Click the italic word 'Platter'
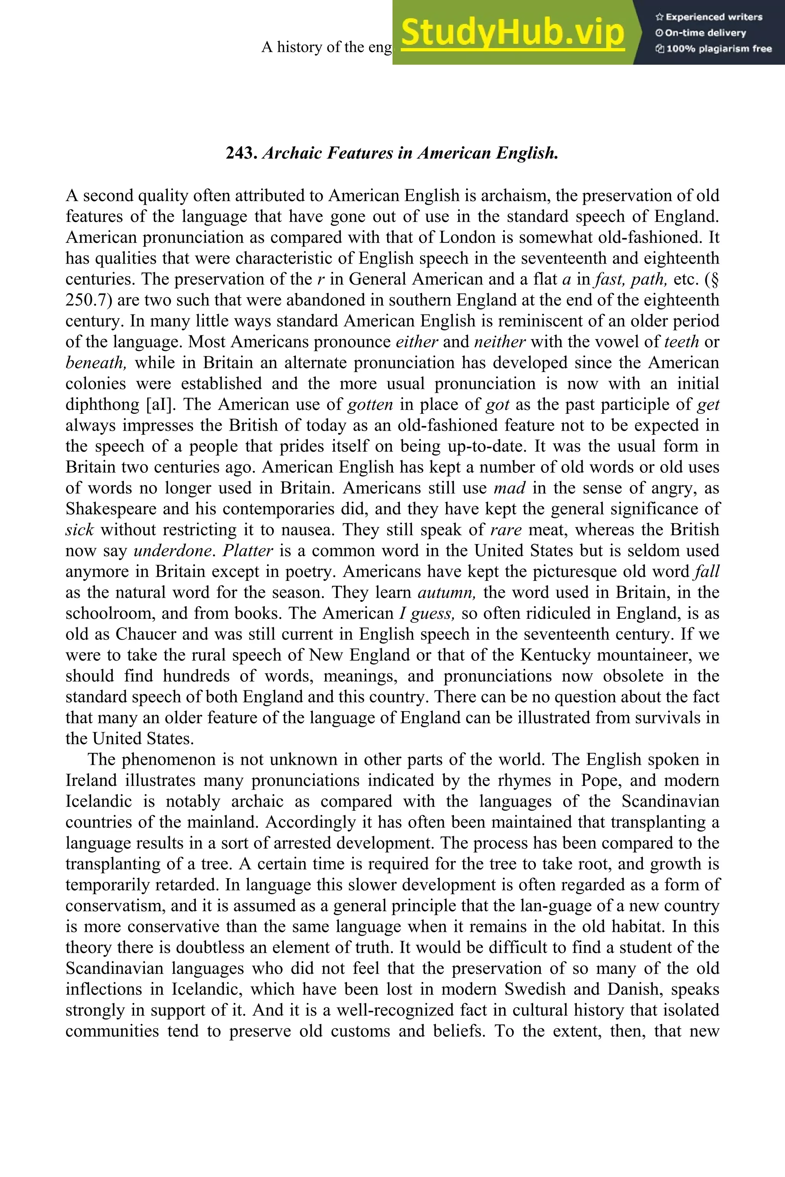(248, 551)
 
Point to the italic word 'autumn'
(447, 592)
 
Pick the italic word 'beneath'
(95, 363)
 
